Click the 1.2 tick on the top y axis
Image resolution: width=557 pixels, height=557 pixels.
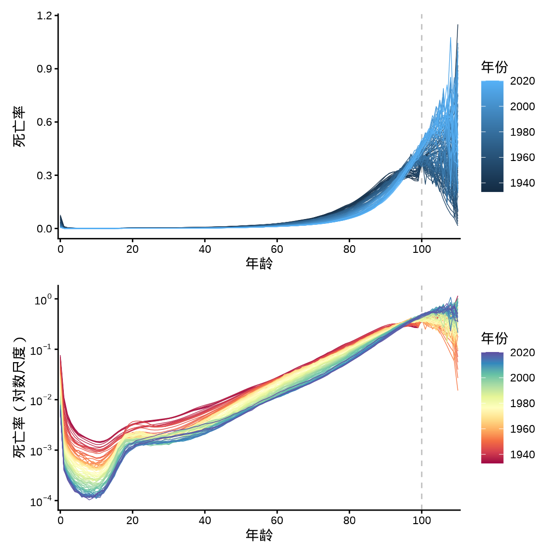click(x=44, y=16)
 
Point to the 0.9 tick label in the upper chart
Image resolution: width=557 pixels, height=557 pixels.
click(x=44, y=69)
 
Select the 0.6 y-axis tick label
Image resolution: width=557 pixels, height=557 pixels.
click(x=44, y=122)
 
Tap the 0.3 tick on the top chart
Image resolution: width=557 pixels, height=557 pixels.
click(x=44, y=176)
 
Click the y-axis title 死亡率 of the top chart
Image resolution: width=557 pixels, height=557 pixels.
click(x=19, y=127)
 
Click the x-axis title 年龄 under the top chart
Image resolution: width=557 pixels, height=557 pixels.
click(x=259, y=264)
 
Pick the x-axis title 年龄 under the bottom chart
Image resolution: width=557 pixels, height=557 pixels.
click(x=259, y=535)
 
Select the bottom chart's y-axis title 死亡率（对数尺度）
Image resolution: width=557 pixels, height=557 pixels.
click(x=19, y=397)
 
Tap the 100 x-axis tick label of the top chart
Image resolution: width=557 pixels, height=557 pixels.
click(x=422, y=249)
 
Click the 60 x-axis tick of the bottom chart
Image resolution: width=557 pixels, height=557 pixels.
click(x=277, y=521)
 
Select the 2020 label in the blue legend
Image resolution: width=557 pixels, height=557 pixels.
click(x=522, y=81)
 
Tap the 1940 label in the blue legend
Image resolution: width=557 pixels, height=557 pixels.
click(x=522, y=183)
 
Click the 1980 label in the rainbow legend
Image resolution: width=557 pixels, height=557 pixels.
click(x=522, y=404)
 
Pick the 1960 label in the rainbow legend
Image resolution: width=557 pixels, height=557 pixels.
click(x=522, y=429)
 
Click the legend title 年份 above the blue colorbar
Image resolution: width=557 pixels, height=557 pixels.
click(x=494, y=67)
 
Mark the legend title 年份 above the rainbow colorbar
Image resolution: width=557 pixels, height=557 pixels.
click(x=494, y=338)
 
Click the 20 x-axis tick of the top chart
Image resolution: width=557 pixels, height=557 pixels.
click(x=132, y=249)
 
